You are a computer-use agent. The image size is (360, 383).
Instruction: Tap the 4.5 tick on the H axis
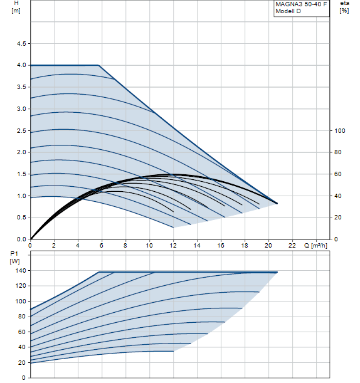(x=21, y=44)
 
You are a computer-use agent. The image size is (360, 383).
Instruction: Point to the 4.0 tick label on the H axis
(x=21, y=65)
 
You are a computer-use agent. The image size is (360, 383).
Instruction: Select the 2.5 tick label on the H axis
(x=21, y=130)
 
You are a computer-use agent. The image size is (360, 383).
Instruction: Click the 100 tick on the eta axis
(x=340, y=130)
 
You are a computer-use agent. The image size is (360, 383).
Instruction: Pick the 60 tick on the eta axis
(x=338, y=174)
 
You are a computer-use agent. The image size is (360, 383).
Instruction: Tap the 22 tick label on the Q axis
(x=292, y=245)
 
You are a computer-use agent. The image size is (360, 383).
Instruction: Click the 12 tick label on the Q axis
(x=173, y=245)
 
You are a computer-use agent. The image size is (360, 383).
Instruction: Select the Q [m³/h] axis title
(x=315, y=246)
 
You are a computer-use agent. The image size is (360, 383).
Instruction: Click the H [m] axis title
(x=16, y=7)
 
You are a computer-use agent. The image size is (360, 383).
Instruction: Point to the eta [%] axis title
(x=344, y=7)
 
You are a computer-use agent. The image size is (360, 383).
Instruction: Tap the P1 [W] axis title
(x=14, y=258)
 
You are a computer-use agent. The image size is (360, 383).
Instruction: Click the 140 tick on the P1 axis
(x=21, y=271)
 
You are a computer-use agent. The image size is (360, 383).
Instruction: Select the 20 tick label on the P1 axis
(x=22, y=363)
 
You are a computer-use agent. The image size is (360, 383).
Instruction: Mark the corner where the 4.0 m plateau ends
(x=98, y=65)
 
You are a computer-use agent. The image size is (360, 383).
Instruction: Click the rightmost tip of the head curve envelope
(x=277, y=203)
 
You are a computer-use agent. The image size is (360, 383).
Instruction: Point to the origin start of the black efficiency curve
(x=31, y=239)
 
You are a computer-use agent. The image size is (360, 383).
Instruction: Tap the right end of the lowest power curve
(x=174, y=351)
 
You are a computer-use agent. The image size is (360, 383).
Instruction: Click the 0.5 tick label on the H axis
(x=21, y=218)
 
